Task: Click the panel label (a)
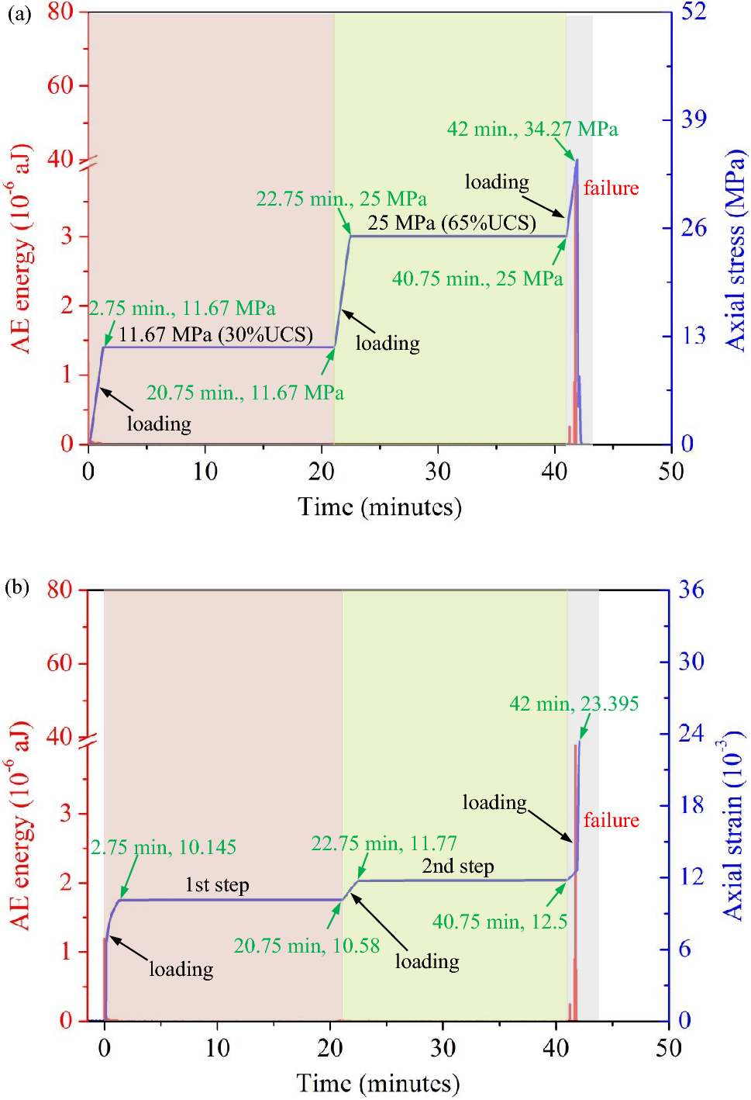[19, 14]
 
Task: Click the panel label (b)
[17, 586]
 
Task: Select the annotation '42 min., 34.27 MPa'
[532, 129]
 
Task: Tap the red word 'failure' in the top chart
[611, 188]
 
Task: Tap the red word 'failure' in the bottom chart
[611, 820]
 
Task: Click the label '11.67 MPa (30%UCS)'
[215, 334]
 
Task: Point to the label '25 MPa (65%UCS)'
[452, 223]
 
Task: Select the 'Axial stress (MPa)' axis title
[735, 250]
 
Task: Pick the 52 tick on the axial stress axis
[694, 11]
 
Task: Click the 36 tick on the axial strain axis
[691, 590]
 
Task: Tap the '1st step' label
[217, 884]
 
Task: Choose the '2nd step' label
[457, 866]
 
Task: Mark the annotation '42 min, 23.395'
[574, 704]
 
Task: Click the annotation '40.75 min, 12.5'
[499, 922]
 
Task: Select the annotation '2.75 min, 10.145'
[164, 847]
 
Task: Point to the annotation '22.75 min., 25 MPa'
[341, 199]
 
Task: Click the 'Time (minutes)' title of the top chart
[379, 507]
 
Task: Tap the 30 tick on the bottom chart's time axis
[443, 1048]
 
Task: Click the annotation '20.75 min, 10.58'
[307, 946]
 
